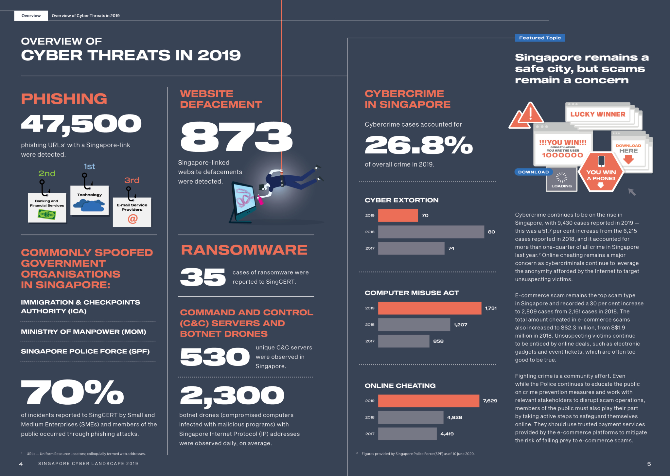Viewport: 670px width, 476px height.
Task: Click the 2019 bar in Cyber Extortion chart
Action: pos(398,215)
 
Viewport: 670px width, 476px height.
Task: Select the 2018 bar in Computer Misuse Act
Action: pos(414,325)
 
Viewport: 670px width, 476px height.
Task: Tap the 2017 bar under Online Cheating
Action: pos(407,434)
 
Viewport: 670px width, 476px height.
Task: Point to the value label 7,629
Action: pos(490,401)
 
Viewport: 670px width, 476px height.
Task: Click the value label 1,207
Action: pos(460,325)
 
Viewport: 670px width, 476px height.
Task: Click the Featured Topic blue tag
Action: pos(540,38)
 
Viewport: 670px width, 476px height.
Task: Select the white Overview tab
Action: pos(31,16)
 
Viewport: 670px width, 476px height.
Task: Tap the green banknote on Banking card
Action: pos(47,215)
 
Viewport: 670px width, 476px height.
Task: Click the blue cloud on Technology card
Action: pos(89,205)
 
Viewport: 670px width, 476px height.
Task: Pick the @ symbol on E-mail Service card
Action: pos(132,219)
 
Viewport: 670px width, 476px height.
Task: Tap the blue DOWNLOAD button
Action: pos(533,172)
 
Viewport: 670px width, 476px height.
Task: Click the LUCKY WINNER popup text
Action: pos(597,114)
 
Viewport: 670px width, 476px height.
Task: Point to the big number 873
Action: pos(236,137)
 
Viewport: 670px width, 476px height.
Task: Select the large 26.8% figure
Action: pos(418,145)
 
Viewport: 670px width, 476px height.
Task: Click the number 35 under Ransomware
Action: pos(203,277)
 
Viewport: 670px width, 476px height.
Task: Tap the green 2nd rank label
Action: pos(47,173)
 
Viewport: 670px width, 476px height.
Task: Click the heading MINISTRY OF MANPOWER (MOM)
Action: pos(83,332)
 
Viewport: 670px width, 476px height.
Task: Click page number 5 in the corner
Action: pos(649,464)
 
